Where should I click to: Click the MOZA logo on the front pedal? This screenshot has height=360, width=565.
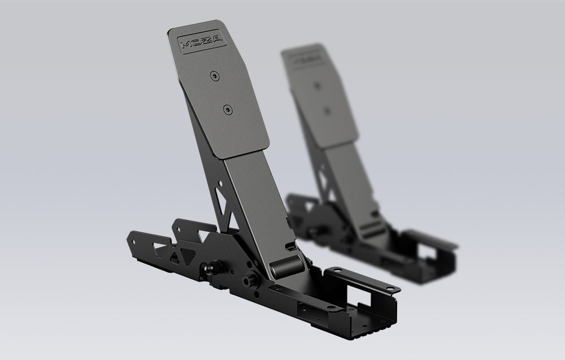202,42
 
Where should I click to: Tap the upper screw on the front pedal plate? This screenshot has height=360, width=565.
214,76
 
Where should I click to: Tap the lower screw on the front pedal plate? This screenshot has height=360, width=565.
228,110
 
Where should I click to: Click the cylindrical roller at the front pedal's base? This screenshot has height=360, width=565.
288,266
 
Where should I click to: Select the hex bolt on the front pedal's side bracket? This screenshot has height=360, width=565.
249,279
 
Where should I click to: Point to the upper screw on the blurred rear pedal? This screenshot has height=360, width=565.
317,86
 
